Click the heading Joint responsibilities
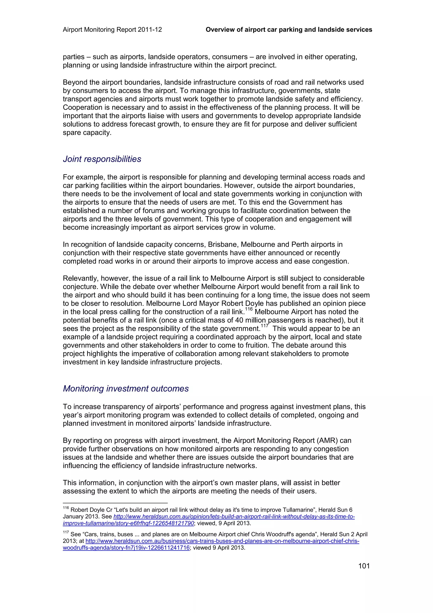pos(102,159)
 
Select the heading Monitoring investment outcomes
pos(126,388)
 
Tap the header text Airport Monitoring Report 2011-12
pos(112,30)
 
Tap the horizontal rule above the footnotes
pos(115,502)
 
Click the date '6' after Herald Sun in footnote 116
pos(351,510)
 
